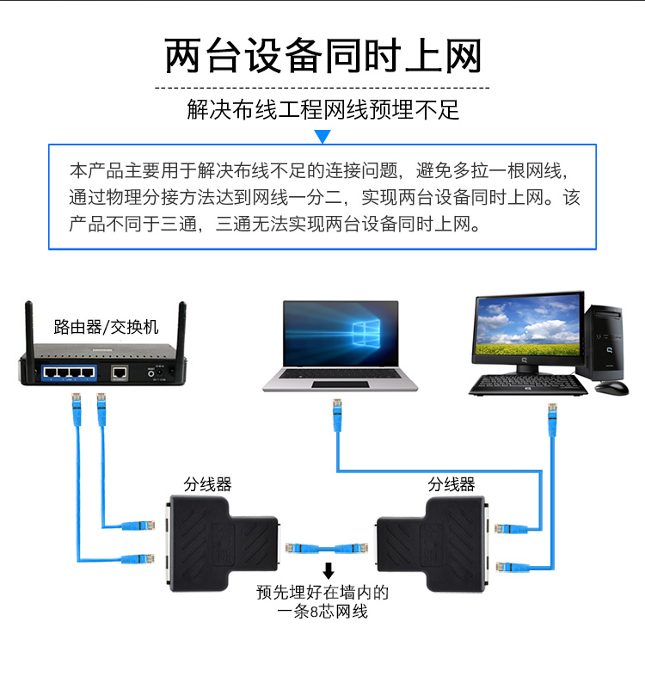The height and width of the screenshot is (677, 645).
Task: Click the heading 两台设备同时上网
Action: point(322,56)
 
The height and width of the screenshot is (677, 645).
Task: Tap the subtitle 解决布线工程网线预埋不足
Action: point(322,110)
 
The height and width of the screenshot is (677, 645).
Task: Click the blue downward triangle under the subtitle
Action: point(322,137)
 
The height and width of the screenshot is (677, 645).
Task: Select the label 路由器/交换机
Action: point(106,327)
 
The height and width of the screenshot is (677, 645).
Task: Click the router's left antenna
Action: point(28,327)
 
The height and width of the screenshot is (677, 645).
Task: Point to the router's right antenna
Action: point(181,327)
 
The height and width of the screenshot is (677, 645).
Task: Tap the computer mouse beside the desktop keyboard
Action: point(611,388)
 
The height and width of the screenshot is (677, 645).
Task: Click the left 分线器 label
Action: point(208,484)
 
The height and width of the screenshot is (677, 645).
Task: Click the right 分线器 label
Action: point(451,484)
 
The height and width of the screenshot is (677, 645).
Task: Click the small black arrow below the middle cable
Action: point(328,571)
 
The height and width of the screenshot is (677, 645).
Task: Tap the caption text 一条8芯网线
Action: point(322,612)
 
